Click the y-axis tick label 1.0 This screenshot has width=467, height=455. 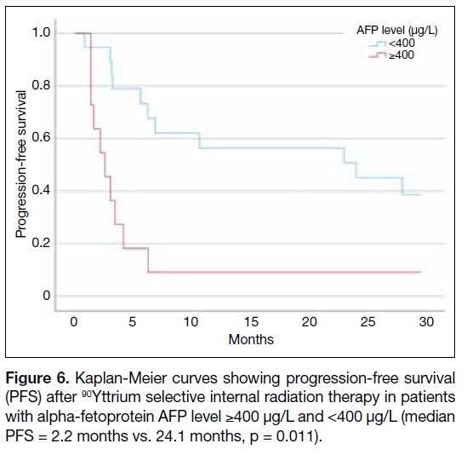click(41, 32)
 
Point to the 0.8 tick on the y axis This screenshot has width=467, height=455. click(41, 85)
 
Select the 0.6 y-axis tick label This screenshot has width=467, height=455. click(41, 137)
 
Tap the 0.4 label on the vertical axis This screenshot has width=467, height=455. click(41, 190)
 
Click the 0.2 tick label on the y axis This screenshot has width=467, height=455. click(41, 243)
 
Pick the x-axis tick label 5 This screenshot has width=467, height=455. click(132, 322)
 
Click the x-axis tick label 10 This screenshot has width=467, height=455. click(191, 322)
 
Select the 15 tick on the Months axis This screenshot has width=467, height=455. click(251, 322)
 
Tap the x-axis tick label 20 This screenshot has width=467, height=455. click(309, 322)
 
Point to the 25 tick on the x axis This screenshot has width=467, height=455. click(367, 322)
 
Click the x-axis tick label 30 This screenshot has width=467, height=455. click(426, 322)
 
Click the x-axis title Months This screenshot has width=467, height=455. click(251, 339)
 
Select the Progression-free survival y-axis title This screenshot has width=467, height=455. click(21, 164)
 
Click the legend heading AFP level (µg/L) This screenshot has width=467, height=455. click(397, 31)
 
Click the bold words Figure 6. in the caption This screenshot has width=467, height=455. click(37, 378)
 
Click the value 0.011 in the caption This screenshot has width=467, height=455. click(294, 436)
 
